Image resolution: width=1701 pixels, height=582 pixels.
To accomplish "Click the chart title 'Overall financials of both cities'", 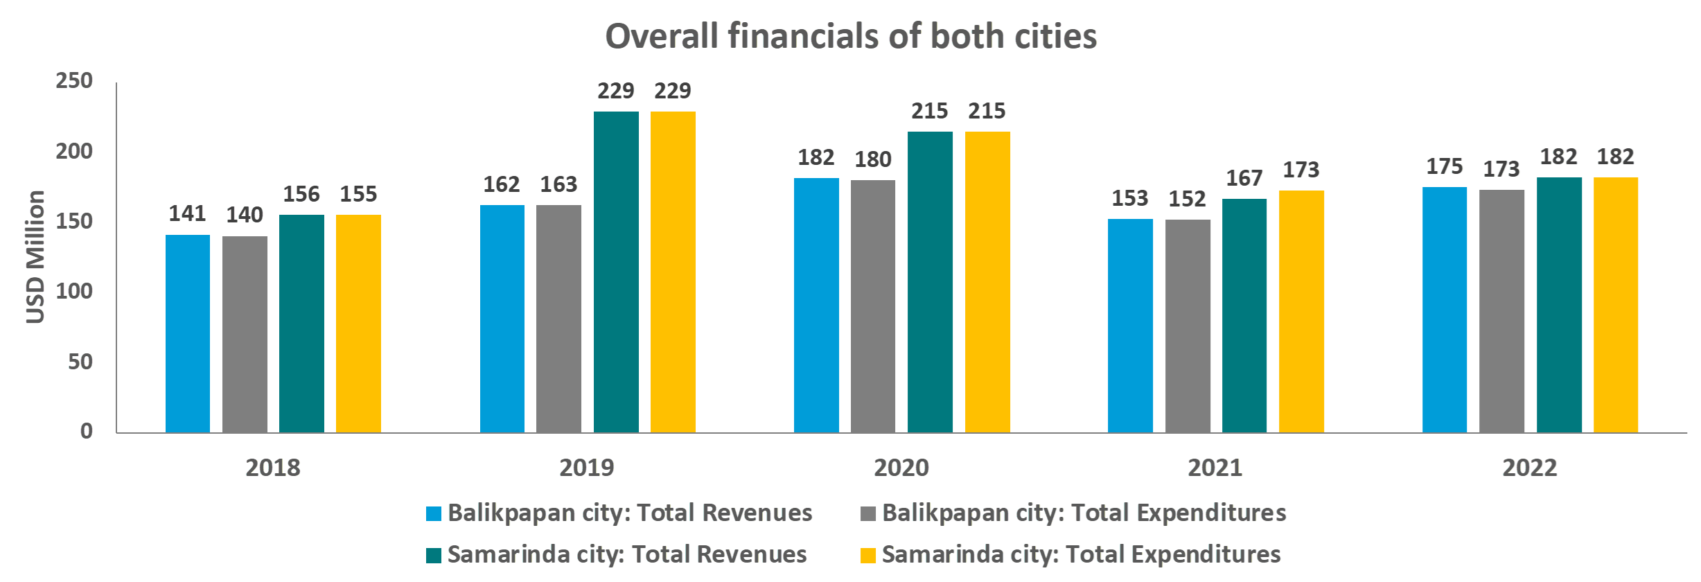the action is click(851, 36).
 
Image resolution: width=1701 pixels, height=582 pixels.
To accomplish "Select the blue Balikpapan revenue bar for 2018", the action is click(188, 334).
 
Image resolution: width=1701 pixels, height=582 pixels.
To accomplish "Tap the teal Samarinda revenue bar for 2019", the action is click(616, 272).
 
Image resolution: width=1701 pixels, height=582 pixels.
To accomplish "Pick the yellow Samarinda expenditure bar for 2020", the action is click(987, 282).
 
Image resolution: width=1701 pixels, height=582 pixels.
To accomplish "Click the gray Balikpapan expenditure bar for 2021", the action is click(1188, 326).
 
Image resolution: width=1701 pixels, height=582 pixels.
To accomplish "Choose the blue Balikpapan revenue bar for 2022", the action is click(1445, 310).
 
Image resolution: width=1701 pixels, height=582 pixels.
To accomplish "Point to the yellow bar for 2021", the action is click(1301, 312).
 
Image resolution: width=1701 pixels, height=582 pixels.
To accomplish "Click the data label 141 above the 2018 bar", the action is click(188, 213).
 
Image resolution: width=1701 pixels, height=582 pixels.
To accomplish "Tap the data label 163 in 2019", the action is click(558, 184).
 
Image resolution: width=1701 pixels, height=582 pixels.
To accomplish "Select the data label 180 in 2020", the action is click(873, 159).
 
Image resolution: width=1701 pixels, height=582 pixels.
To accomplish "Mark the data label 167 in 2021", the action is click(1244, 178).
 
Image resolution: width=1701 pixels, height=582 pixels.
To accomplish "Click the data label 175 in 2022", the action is click(1445, 166).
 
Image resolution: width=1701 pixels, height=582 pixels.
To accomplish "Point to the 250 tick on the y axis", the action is click(74, 81).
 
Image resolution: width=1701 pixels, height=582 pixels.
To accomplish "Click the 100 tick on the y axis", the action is click(74, 291).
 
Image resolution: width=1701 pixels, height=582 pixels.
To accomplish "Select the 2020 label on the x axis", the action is click(901, 468).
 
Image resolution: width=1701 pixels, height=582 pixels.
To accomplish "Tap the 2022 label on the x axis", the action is click(1530, 468).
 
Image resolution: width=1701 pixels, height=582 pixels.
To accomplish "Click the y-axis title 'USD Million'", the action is click(35, 257).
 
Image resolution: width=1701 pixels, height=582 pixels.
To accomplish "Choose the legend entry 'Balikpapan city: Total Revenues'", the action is click(619, 513).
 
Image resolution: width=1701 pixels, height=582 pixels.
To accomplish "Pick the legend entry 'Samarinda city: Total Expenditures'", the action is click(1070, 554).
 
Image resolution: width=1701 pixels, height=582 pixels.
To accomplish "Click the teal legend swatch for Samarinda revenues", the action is click(434, 556).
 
